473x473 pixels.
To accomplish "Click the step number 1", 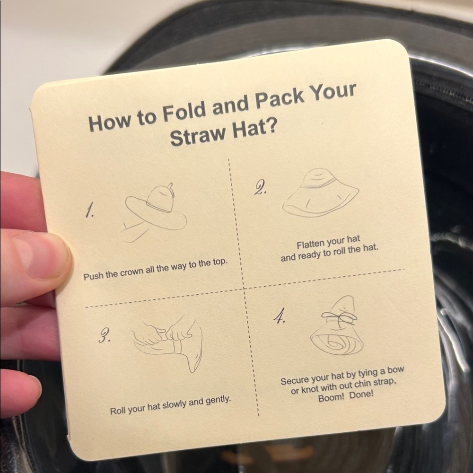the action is [89, 210].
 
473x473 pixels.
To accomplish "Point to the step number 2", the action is [260, 189].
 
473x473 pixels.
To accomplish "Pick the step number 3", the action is [105, 335].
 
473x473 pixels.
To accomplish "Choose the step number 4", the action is [280, 316].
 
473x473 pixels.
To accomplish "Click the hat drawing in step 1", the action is [154, 211].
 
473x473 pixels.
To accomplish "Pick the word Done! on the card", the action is [361, 394].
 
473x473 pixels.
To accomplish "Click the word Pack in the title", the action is [279, 99].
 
